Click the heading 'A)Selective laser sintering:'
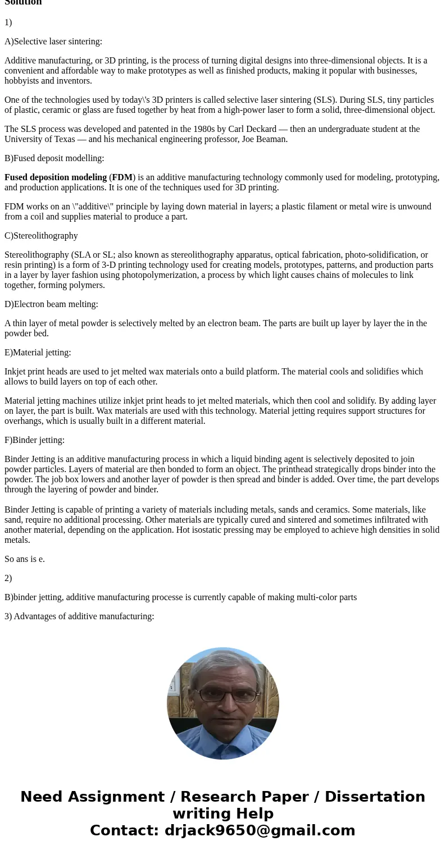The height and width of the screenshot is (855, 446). pos(53,42)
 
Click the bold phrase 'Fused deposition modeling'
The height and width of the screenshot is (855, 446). pos(56,177)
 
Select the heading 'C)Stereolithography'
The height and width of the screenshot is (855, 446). pos(41,236)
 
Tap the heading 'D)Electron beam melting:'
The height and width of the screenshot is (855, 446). pos(51,304)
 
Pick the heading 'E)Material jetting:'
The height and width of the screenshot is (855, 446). pos(38,353)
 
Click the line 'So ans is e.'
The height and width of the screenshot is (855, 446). pos(25,559)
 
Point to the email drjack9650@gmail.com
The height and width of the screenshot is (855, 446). pos(260,830)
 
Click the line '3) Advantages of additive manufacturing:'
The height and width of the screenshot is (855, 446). pos(79,616)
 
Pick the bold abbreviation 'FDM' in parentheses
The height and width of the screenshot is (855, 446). pos(122,177)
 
